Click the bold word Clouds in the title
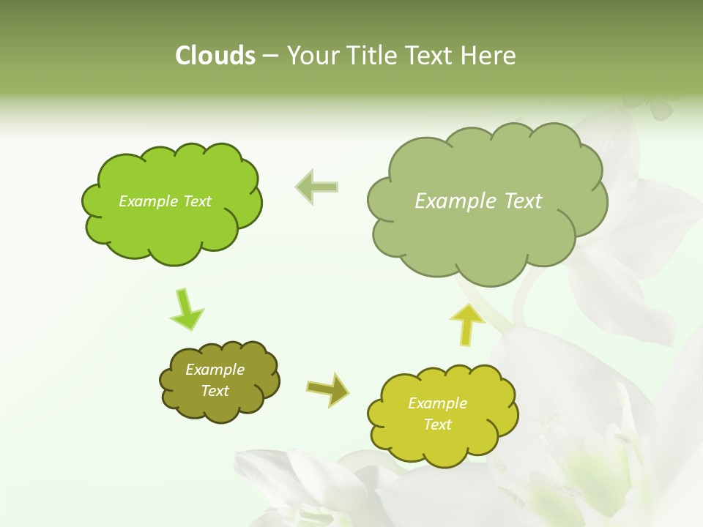point(215,56)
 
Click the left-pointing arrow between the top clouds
point(317,187)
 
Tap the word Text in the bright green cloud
point(196,201)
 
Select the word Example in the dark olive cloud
point(215,370)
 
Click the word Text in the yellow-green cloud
point(437,425)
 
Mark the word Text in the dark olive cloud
point(215,391)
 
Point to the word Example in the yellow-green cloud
point(437,403)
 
